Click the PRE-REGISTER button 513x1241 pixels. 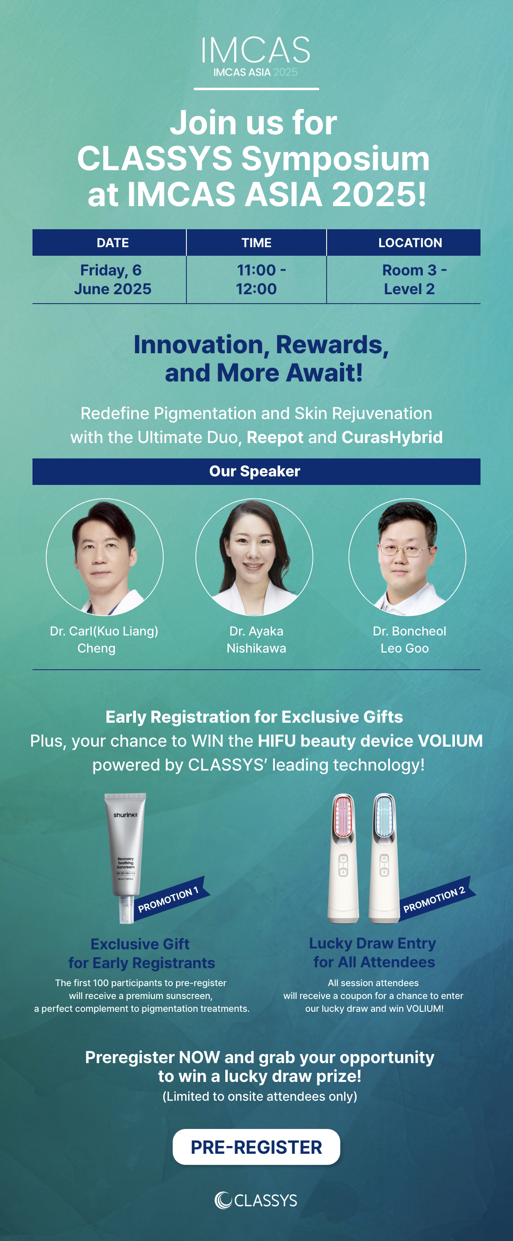pyautogui.click(x=256, y=1147)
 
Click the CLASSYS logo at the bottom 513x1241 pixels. pyautogui.click(x=256, y=1200)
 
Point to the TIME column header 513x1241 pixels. pyautogui.click(x=256, y=242)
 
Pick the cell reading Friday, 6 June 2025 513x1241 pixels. pyautogui.click(x=112, y=279)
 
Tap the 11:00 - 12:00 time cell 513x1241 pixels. pyautogui.click(x=256, y=279)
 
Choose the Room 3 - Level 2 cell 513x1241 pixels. pyautogui.click(x=410, y=279)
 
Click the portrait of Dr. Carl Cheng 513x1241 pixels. pyautogui.click(x=105, y=557)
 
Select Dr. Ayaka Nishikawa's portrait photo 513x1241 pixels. pyautogui.click(x=254, y=557)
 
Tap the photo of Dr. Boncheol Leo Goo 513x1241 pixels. pyautogui.click(x=407, y=557)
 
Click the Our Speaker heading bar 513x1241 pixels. pyautogui.click(x=256, y=471)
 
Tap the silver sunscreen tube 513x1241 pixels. pyautogui.click(x=125, y=858)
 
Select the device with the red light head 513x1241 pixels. pyautogui.click(x=343, y=858)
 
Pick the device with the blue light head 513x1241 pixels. pyautogui.click(x=384, y=858)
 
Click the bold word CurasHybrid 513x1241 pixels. pyautogui.click(x=392, y=437)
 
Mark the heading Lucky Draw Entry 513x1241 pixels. pyautogui.click(x=372, y=943)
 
